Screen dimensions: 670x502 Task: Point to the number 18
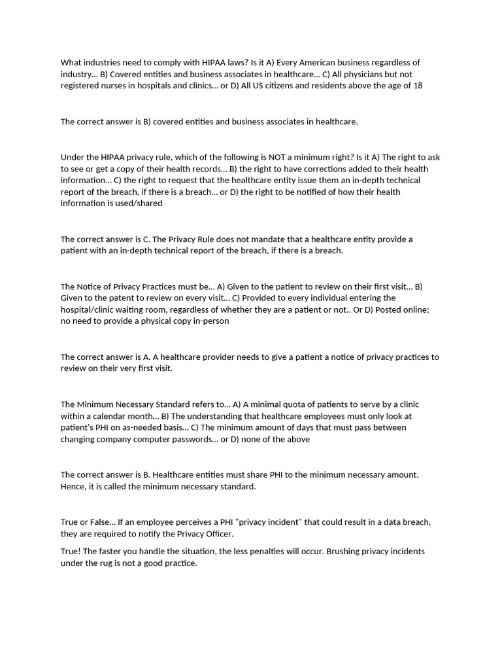coord(418,86)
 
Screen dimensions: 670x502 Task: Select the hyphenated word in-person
coord(209,322)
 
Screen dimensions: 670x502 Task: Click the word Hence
coord(73,487)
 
